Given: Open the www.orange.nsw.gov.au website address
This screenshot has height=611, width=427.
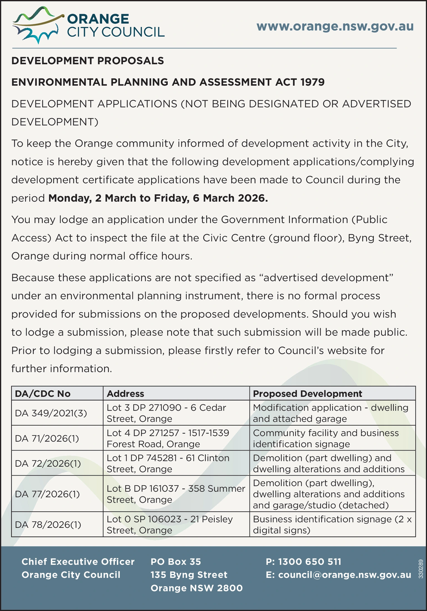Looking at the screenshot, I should pos(335,26).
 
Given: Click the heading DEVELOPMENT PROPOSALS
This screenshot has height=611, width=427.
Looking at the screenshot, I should pos(87,61).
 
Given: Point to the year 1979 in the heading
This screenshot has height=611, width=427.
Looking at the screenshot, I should pos(312,82).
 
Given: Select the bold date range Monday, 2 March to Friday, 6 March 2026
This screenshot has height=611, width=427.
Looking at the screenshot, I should pos(158,198).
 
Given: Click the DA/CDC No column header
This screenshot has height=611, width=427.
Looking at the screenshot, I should pos(43,394).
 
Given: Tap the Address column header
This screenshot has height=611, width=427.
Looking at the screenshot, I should pos(125,394).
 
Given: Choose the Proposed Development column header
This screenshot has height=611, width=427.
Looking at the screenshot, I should pos(307,394).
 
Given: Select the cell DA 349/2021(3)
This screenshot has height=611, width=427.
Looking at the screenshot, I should pos(51,413).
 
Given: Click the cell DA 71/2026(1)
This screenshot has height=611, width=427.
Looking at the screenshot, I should pos(47,438).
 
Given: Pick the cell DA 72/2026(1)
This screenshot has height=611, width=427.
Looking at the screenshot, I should pos(48,464).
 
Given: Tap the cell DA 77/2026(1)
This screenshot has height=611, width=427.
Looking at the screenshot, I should pos(47,494).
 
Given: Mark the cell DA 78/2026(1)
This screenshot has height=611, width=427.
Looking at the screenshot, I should pos(48,525).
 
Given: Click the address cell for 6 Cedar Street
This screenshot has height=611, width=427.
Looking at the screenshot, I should pos(167,413).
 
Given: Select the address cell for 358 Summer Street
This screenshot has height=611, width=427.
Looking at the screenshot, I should pos(176,494).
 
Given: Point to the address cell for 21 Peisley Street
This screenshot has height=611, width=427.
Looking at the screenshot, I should pos(170,525).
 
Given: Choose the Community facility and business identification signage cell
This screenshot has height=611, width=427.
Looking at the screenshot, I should pos(326,438).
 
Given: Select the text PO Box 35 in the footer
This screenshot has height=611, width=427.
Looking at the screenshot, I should pos(176,562).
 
